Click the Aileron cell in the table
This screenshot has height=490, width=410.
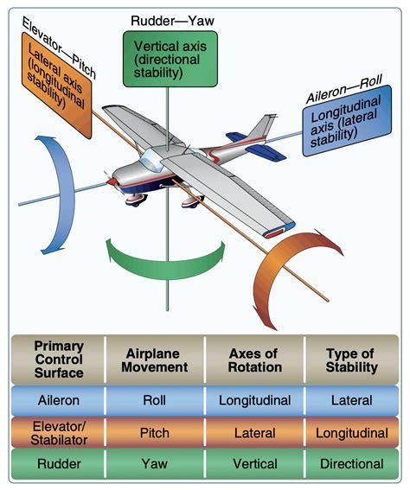(58, 401)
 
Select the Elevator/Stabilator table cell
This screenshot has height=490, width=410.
(58, 431)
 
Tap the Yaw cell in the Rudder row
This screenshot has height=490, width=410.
(155, 462)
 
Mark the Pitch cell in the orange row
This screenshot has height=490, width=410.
(155, 431)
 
